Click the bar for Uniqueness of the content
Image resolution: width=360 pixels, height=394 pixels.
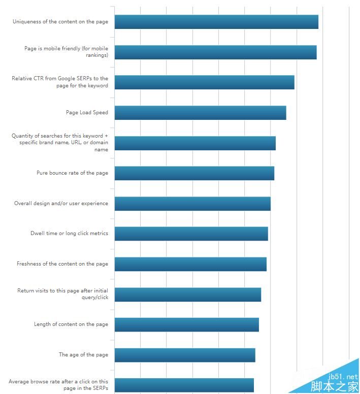(x=216, y=22)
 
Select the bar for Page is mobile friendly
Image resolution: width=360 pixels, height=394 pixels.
(x=215, y=52)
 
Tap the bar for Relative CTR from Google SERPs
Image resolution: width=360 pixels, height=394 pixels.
(x=204, y=82)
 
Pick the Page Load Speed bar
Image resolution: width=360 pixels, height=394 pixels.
(x=200, y=113)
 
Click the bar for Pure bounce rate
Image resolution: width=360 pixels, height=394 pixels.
(x=194, y=173)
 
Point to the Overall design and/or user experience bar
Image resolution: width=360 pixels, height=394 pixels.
(x=192, y=204)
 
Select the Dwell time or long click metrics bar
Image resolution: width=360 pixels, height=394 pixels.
(x=191, y=234)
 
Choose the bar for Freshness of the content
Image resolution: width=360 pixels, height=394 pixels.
(x=190, y=264)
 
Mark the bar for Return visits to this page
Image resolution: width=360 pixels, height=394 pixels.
(x=187, y=294)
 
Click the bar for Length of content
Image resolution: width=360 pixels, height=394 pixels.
(x=186, y=324)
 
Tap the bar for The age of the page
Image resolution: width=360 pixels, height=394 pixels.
(x=185, y=355)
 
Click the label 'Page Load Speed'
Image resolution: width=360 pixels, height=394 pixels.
(x=87, y=113)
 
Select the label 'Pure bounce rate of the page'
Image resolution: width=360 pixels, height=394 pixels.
(x=72, y=173)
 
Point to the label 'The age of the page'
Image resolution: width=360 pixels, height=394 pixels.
(x=83, y=355)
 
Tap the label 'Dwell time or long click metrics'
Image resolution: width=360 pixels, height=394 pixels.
(x=69, y=234)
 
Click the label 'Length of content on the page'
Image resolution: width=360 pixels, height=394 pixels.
(x=71, y=324)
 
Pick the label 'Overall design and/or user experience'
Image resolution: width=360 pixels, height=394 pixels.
(x=61, y=204)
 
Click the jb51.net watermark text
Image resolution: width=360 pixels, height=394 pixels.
(x=343, y=377)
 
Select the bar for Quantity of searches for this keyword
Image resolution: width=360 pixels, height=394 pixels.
(x=195, y=143)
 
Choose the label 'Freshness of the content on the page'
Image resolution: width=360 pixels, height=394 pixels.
(x=62, y=264)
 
